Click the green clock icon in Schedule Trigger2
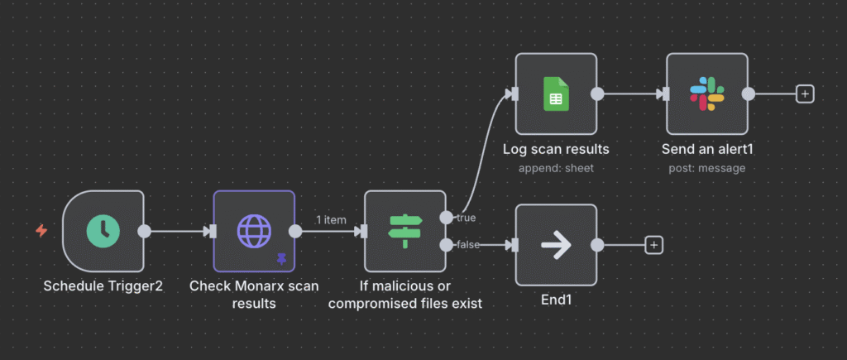pos(103,231)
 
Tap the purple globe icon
pos(254,231)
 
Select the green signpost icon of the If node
pos(405,231)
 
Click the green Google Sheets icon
pos(556,94)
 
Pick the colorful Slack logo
pos(706,94)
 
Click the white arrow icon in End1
pos(556,245)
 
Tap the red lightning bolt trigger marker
pos(41,231)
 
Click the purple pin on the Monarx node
pos(281,259)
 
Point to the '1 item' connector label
pos(330,220)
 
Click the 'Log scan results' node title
pos(556,150)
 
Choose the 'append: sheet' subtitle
pos(556,168)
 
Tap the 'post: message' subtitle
pos(706,168)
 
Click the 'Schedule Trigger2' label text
pos(103,286)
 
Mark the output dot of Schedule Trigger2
pos(144,231)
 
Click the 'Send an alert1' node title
pos(706,150)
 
